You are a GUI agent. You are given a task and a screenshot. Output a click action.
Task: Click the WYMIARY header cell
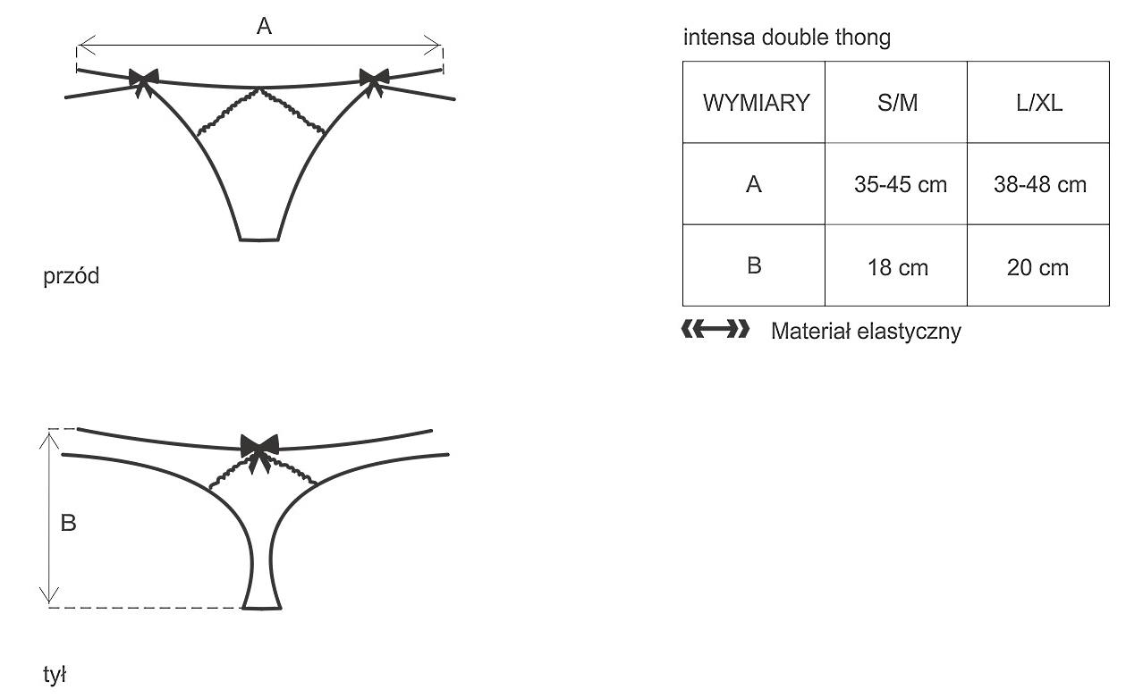(755, 103)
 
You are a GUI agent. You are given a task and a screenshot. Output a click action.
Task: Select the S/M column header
(896, 103)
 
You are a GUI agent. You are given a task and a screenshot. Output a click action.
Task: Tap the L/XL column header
(1038, 103)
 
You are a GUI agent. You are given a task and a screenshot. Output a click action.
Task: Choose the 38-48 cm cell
(1039, 185)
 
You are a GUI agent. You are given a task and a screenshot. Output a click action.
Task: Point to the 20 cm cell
(1038, 267)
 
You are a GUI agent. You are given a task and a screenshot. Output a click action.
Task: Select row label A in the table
(754, 185)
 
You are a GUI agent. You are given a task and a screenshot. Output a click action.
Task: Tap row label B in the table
(754, 266)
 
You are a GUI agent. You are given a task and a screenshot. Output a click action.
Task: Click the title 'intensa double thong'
(786, 38)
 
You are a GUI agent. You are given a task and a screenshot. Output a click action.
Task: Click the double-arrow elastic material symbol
(715, 331)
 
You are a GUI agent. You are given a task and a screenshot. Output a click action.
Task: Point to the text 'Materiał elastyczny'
(866, 332)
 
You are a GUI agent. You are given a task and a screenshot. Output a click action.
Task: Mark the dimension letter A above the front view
(263, 27)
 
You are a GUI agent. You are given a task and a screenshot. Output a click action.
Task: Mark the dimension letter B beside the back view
(69, 524)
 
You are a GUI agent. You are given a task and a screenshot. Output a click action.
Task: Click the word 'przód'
(72, 277)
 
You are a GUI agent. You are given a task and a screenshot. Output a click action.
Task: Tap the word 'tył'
(56, 675)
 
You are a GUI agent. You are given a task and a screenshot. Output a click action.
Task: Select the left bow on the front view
(143, 79)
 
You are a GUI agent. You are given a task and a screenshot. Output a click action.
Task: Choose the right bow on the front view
(374, 79)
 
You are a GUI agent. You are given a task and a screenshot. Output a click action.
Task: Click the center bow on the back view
(259, 447)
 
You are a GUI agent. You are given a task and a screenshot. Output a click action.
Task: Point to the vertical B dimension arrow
(49, 517)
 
